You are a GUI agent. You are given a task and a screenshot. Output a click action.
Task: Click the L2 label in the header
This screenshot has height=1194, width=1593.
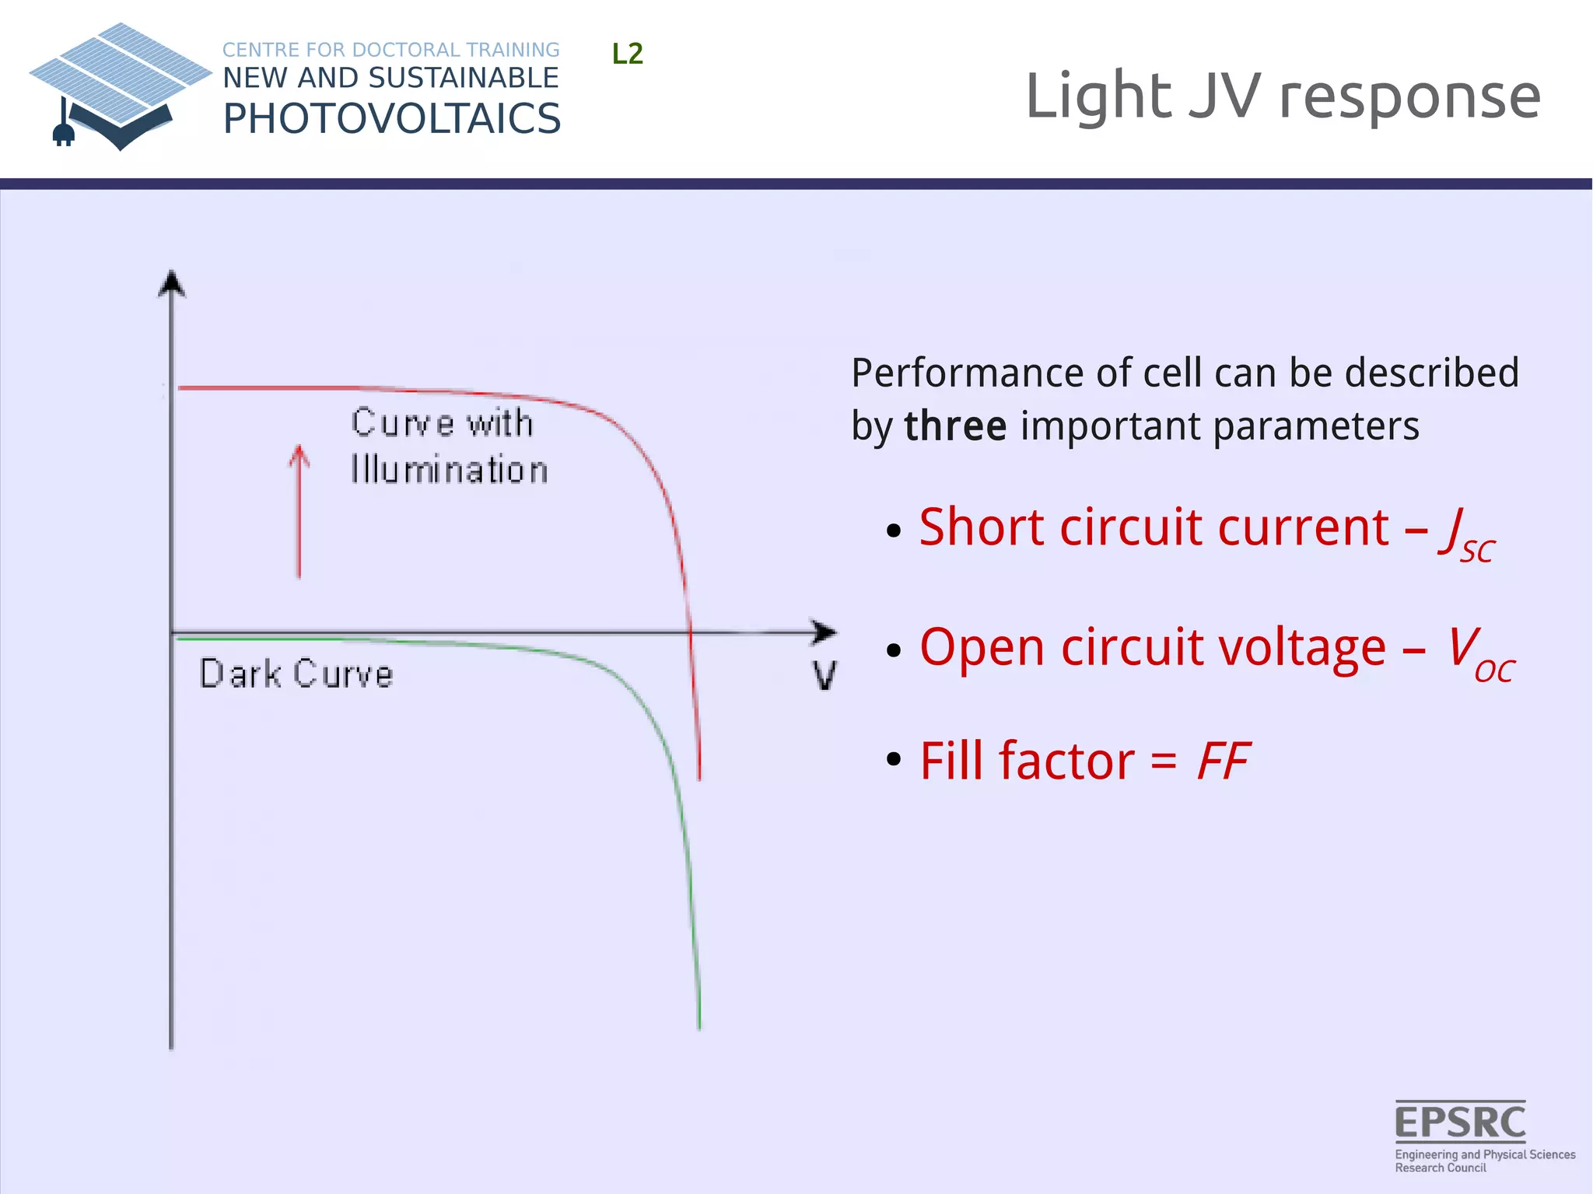627,54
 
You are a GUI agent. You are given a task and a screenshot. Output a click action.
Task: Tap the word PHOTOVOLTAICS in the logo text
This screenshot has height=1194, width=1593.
391,119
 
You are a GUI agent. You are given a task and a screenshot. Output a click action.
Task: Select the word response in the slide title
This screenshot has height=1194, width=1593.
1409,96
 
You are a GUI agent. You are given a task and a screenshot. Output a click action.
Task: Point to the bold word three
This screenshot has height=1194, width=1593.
955,426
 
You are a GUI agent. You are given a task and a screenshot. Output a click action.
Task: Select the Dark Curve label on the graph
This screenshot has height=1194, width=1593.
296,674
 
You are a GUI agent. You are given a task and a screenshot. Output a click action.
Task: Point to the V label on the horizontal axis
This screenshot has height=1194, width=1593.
825,675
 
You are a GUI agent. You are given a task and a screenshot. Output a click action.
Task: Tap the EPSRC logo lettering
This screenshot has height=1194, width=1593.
1459,1122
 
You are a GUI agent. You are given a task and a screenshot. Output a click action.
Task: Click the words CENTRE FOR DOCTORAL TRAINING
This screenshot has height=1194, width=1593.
390,50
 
